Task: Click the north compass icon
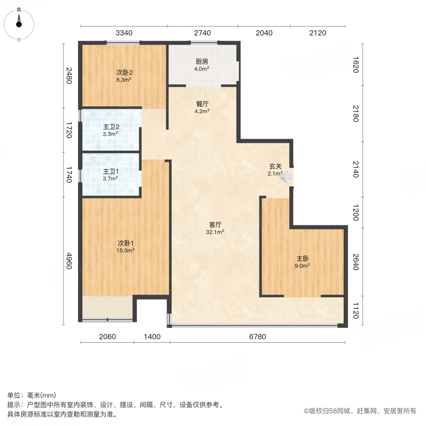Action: (x=19, y=22)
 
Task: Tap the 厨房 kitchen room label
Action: (x=202, y=62)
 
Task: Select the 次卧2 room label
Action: (x=124, y=72)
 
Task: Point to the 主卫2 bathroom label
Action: (x=111, y=127)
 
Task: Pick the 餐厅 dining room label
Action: (x=202, y=105)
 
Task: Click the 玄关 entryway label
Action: (x=275, y=166)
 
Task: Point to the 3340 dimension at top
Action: (x=124, y=33)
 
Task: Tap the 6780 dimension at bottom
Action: (x=258, y=337)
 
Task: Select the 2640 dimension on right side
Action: (x=356, y=261)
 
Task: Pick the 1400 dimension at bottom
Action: (x=152, y=337)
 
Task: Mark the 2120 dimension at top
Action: (x=318, y=33)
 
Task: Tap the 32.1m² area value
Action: (x=215, y=232)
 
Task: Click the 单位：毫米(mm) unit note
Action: (x=31, y=396)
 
